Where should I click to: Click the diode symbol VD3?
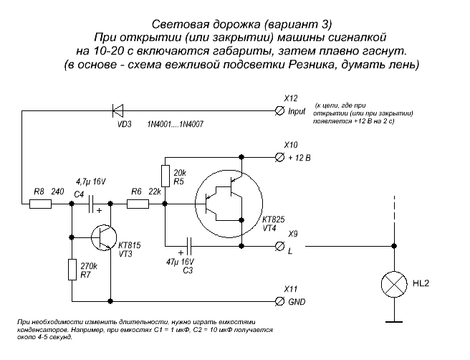pos(117,110)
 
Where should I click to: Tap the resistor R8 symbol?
pos(41,204)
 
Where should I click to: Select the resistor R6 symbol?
pos(138,204)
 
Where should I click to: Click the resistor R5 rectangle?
pos(164,175)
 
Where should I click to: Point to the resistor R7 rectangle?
pos(72,270)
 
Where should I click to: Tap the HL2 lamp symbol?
pos(393,285)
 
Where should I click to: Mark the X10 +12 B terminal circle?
pos(280,156)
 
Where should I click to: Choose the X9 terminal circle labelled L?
pos(280,245)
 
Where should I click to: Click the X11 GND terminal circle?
pos(280,300)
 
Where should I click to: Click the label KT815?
pos(130,245)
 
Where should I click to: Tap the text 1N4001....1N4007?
pos(176,124)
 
